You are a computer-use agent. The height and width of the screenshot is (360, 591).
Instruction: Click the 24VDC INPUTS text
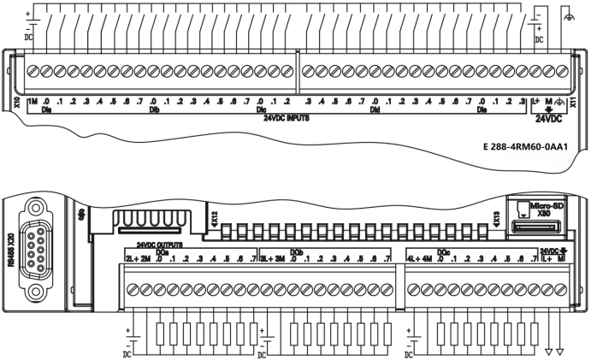point(287,118)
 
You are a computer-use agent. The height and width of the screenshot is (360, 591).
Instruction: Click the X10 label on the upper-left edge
point(18,103)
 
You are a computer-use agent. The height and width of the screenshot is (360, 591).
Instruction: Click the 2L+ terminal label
point(131,258)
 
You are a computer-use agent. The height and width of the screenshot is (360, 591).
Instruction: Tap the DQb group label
point(297,251)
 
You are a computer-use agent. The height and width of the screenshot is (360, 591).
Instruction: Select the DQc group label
point(443,251)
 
